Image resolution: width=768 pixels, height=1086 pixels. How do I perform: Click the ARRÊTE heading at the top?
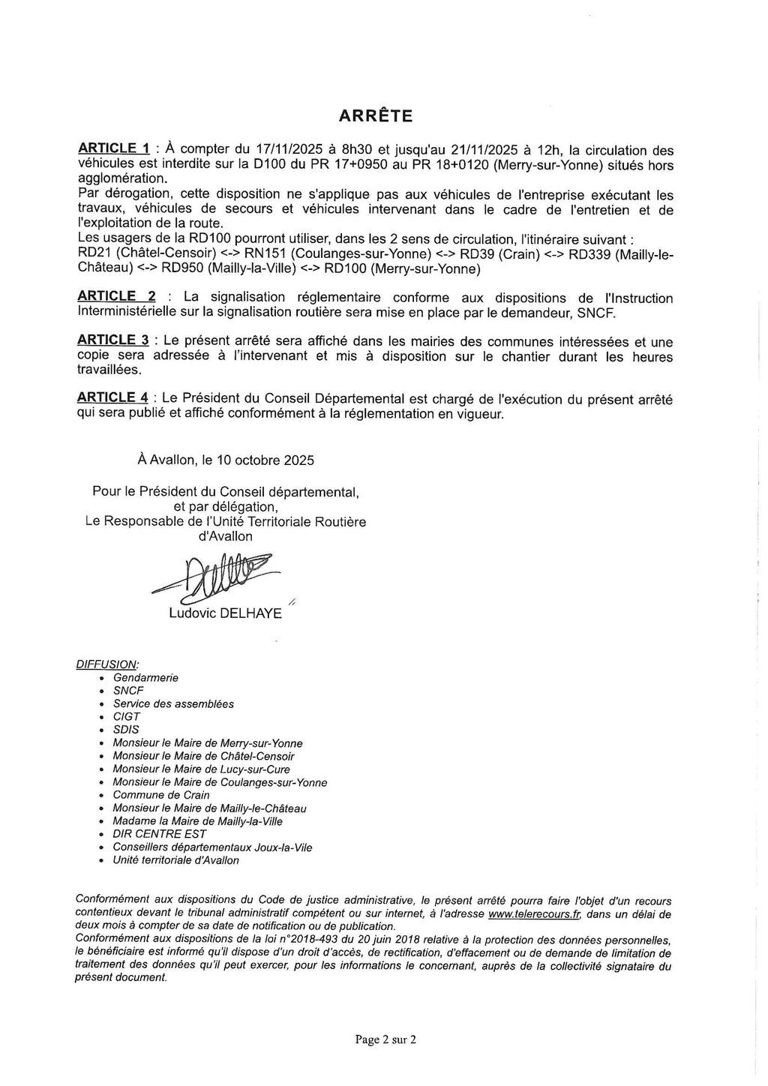376,116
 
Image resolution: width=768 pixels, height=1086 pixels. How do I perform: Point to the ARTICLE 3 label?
115,340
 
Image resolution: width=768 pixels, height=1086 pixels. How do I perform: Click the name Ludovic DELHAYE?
226,613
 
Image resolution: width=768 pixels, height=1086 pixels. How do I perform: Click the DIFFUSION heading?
107,664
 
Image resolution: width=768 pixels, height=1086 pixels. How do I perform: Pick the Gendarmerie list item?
145,678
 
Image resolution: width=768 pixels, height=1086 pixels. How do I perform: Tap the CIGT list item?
127,716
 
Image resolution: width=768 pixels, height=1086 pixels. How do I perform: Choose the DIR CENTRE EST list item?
160,834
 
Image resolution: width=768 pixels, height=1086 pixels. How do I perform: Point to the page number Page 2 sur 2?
385,1039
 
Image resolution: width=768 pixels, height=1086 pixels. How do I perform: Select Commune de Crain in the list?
161,795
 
